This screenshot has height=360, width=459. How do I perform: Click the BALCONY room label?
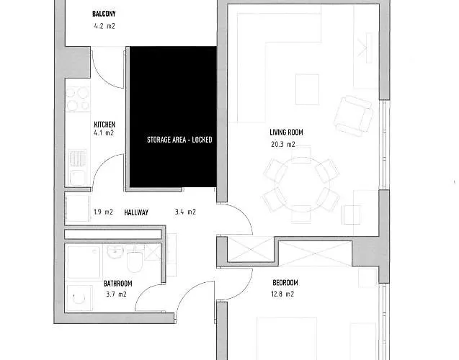pos(104,14)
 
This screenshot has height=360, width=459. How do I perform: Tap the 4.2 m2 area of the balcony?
pos(104,26)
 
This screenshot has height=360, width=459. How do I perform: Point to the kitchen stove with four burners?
pos(77,99)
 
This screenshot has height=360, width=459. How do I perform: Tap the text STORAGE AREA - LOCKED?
pos(179,140)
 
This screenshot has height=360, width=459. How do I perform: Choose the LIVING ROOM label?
pos(286,132)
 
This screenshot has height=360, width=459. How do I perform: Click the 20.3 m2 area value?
pos(282,145)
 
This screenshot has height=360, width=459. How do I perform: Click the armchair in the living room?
pos(354,114)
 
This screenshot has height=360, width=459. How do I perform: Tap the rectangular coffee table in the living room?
pos(306,89)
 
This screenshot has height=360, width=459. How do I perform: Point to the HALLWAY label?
pos(136,212)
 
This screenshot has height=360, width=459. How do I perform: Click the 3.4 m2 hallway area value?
pos(185,212)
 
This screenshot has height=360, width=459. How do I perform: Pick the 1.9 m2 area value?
pos(103,212)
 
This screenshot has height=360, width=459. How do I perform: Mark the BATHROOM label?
pos(117,283)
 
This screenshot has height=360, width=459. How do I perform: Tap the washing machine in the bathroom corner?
pos(78,296)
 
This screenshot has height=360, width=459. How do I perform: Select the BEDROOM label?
pos(285,282)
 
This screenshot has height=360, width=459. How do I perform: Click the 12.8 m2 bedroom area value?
pos(283,294)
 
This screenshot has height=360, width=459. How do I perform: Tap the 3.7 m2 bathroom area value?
pos(116,294)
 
